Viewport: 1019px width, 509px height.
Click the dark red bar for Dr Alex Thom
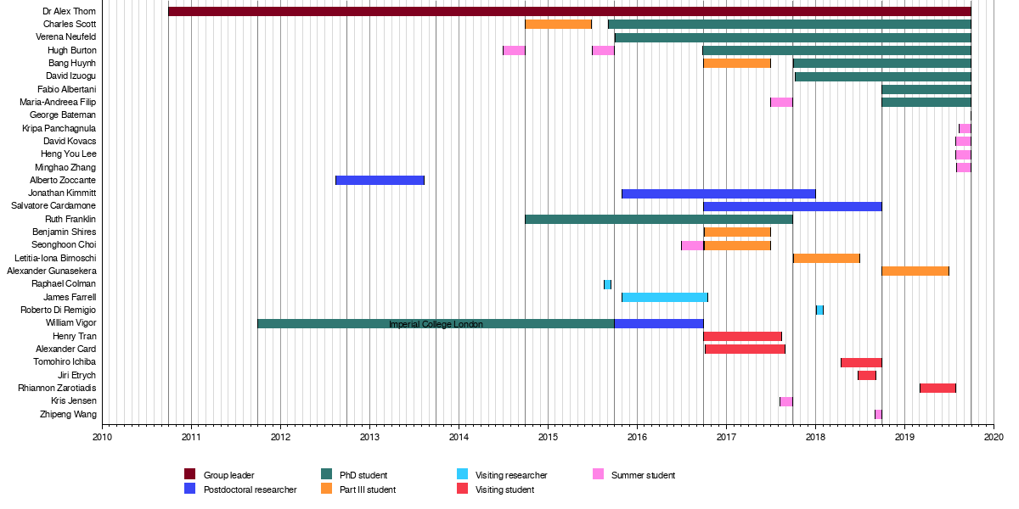(569, 12)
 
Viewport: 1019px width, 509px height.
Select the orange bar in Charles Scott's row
(558, 25)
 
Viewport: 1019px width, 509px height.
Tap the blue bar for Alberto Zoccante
(380, 180)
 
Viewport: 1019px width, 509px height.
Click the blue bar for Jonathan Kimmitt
(718, 193)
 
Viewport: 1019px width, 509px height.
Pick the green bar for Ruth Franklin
(658, 219)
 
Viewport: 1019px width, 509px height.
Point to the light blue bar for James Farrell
(664, 297)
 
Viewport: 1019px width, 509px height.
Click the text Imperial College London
(436, 324)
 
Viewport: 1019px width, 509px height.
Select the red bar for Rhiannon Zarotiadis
(937, 388)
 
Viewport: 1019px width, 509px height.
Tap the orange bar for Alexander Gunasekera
(915, 271)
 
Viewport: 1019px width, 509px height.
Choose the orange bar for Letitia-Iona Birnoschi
(826, 258)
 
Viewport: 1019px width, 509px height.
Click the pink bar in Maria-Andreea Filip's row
(781, 103)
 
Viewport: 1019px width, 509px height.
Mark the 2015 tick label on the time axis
(548, 438)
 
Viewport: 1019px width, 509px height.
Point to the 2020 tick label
(994, 438)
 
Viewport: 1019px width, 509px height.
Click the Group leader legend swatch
(190, 474)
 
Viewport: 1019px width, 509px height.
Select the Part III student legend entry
(368, 489)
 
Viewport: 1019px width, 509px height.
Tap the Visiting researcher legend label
(511, 475)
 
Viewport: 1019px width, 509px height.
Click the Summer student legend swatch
(598, 474)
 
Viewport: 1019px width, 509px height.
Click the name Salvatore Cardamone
(53, 206)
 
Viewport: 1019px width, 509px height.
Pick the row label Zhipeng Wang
(68, 414)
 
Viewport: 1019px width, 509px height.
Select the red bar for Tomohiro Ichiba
(861, 362)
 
